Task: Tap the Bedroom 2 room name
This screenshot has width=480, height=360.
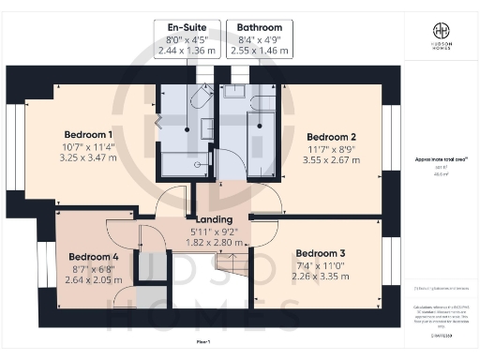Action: [332, 134]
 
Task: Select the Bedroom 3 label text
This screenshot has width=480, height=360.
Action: [321, 253]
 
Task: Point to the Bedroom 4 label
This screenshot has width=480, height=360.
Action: [94, 256]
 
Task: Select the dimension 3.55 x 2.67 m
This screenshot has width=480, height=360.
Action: [332, 159]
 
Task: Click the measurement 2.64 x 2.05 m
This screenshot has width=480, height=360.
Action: [94, 279]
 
